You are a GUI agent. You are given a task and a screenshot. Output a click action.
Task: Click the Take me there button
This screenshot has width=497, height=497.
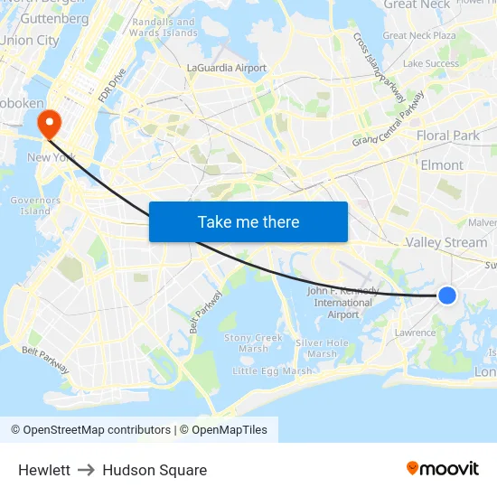tap(248, 221)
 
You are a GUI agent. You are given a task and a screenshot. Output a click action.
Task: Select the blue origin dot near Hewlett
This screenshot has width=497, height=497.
tap(446, 295)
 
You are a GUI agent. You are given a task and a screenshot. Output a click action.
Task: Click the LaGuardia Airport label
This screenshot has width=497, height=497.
tap(226, 68)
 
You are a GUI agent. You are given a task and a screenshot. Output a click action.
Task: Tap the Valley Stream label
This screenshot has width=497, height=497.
tap(445, 242)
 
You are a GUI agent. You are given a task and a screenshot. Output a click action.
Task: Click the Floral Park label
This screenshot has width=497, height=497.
tap(448, 136)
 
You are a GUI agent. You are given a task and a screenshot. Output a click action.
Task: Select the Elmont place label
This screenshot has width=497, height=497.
tap(442, 165)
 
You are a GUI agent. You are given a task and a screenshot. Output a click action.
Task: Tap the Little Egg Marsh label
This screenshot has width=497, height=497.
tap(272, 370)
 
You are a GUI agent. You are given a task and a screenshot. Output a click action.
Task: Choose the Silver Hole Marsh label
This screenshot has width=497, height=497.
tap(323, 348)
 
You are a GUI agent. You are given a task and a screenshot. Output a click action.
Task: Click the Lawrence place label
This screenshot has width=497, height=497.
tap(416, 333)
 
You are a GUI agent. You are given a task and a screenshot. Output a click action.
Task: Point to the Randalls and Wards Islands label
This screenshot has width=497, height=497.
tap(164, 27)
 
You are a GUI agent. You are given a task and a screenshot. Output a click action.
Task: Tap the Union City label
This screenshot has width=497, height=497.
tap(30, 40)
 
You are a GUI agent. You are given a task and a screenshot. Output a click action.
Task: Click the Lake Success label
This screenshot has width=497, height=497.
tap(431, 63)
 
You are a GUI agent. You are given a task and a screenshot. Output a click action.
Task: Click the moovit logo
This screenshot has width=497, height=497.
tap(442, 468)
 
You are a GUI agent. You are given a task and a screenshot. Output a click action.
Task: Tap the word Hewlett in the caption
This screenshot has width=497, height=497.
tap(44, 470)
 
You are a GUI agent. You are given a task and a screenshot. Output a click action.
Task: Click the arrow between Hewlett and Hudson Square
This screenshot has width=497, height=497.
tap(87, 470)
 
